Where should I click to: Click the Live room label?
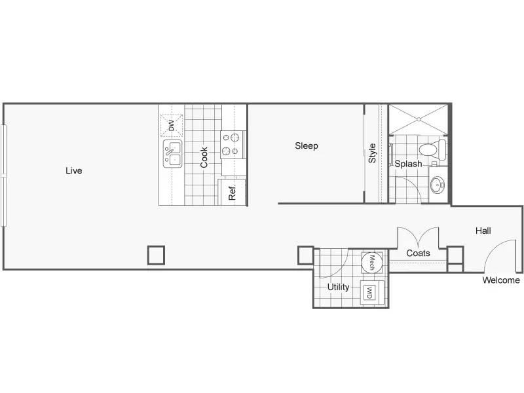[74, 171]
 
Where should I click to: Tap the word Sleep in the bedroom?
[307, 146]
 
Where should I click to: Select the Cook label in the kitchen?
[204, 157]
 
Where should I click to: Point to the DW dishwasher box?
[172, 126]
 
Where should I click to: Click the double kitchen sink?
[173, 154]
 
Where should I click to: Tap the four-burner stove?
[233, 144]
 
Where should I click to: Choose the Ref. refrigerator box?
[232, 192]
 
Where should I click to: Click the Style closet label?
[372, 153]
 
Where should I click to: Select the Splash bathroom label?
[408, 164]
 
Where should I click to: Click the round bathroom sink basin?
[438, 185]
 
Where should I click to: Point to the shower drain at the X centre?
[419, 119]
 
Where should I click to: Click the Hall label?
[483, 231]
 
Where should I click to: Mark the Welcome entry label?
[501, 280]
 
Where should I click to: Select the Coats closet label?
[418, 253]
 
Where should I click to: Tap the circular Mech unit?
[371, 263]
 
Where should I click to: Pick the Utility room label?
[338, 287]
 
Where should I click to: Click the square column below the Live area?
[156, 255]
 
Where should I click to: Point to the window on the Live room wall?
[4, 176]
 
